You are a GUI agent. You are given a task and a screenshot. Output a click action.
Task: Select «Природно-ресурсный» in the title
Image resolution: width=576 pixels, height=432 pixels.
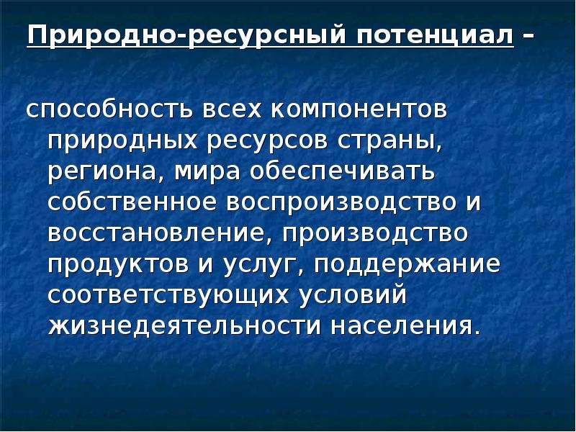tap(186, 37)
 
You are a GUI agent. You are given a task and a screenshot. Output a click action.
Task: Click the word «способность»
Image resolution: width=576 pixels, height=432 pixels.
tap(109, 110)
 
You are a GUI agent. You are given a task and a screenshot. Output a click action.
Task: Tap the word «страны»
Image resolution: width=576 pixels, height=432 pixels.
tap(390, 143)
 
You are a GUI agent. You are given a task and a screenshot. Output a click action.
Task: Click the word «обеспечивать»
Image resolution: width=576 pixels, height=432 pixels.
tap(344, 171)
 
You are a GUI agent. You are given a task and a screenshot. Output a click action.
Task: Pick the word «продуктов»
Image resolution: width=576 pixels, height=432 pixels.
tap(117, 265)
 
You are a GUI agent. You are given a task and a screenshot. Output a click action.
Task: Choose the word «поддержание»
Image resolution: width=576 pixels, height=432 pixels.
tap(407, 265)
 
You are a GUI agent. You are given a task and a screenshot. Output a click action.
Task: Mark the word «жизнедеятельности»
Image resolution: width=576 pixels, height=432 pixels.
tap(184, 326)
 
